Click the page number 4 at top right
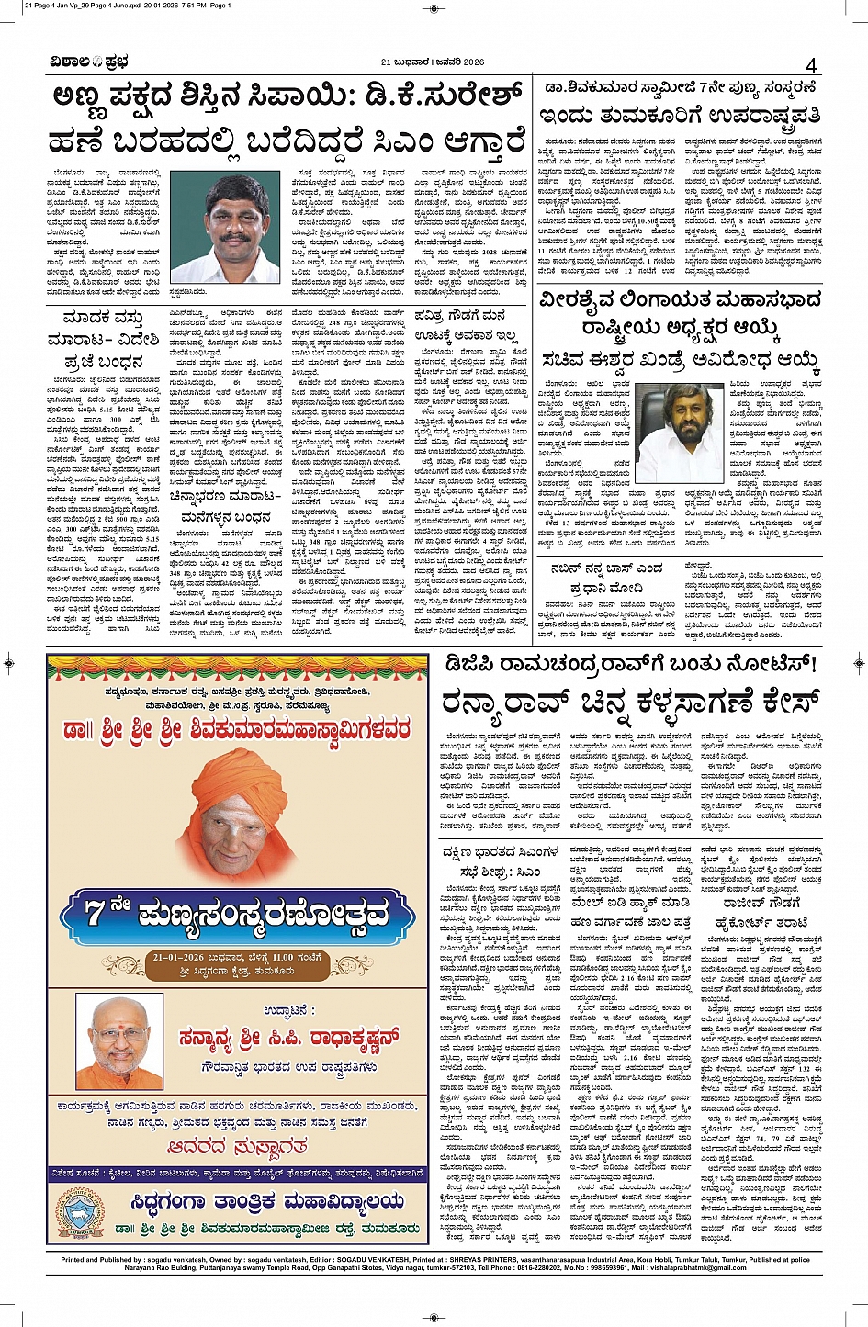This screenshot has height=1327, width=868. click(811, 65)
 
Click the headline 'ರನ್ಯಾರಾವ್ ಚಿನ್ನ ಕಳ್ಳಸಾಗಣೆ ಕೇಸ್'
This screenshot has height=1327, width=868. click(630, 705)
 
